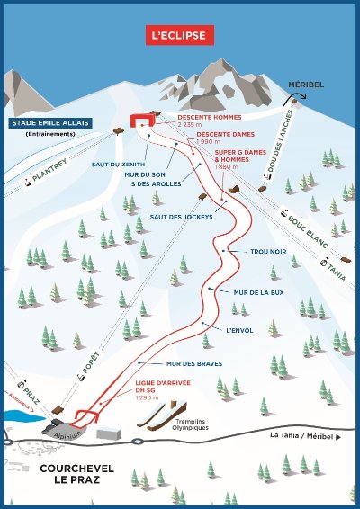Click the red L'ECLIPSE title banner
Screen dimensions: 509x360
[180, 36]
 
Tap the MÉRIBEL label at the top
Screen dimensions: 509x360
[303, 85]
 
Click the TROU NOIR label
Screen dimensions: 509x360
[268, 253]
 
